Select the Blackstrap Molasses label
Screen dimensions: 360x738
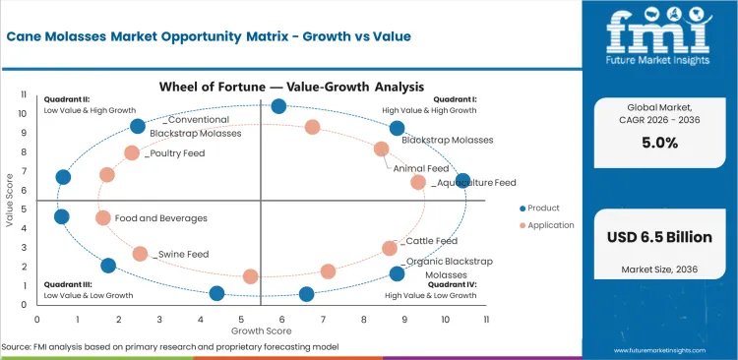447,141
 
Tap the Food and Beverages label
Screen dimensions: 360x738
160,218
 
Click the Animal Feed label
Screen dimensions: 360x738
421,168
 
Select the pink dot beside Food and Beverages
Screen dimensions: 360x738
103,218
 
